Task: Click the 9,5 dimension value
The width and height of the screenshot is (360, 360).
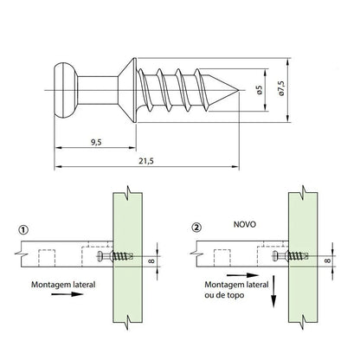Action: pos(96,142)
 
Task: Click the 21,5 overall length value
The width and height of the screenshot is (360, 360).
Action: pos(146,161)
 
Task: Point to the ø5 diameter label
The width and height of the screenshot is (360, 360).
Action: pos(260,90)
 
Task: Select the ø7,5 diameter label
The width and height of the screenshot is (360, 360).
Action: pos(281,88)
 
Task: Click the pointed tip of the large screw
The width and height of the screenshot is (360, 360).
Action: pos(238,90)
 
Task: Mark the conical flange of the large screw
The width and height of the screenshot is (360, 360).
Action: pos(127,90)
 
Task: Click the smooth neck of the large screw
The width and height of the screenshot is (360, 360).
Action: pos(98,90)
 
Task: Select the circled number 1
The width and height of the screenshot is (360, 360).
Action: pos(23,230)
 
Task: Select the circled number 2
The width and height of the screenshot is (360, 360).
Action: pos(196,228)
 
